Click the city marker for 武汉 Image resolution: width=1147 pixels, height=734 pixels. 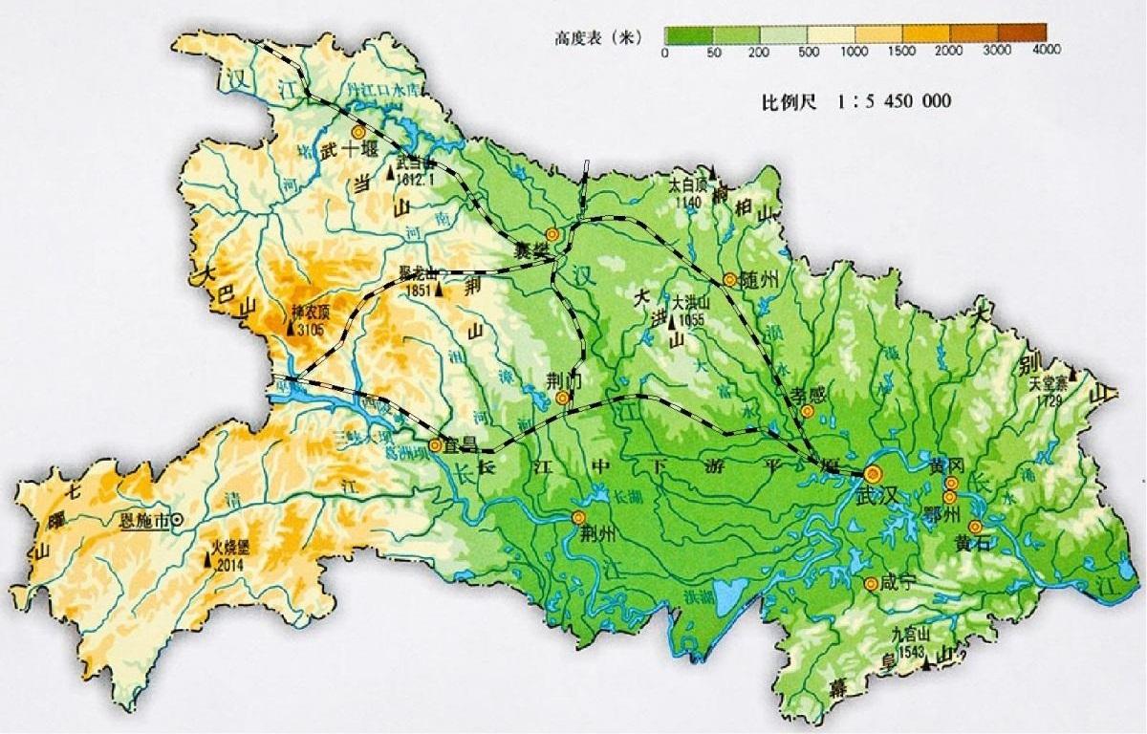[872, 473]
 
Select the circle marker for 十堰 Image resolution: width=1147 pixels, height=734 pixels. [358, 133]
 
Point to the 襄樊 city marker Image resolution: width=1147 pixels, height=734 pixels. [552, 234]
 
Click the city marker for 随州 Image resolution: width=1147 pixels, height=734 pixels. [730, 279]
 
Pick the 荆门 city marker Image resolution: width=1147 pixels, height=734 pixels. [563, 397]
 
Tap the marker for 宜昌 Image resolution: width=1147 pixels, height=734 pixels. [436, 444]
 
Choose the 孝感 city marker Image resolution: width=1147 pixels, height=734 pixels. [808, 411]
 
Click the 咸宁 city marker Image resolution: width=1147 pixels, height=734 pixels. [870, 583]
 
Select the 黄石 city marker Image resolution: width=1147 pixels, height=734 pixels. [975, 527]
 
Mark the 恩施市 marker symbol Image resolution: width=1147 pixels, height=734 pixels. [177, 521]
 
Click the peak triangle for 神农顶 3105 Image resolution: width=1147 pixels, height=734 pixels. [291, 329]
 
